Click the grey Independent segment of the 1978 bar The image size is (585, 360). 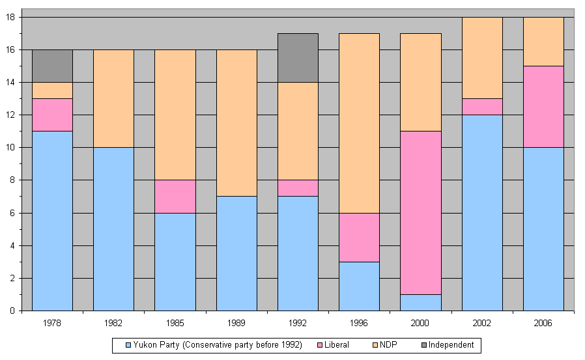tap(52, 66)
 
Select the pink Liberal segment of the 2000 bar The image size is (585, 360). tap(421, 212)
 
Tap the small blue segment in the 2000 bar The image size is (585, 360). tap(421, 302)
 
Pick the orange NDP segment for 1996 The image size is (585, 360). tap(359, 123)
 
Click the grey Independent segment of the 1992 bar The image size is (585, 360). tap(298, 58)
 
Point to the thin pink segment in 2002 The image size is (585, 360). tap(482, 107)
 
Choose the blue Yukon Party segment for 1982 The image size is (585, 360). tap(113, 228)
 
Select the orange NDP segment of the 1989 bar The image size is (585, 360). tap(236, 123)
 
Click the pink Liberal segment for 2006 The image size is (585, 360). tap(543, 107)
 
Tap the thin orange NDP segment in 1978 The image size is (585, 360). tap(52, 90)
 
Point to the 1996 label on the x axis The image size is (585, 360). tap(359, 322)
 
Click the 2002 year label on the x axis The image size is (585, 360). tap(482, 322)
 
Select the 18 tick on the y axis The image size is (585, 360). tap(12, 17)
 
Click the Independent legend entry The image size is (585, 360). tap(447, 344)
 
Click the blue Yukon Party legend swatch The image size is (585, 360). tap(128, 344)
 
